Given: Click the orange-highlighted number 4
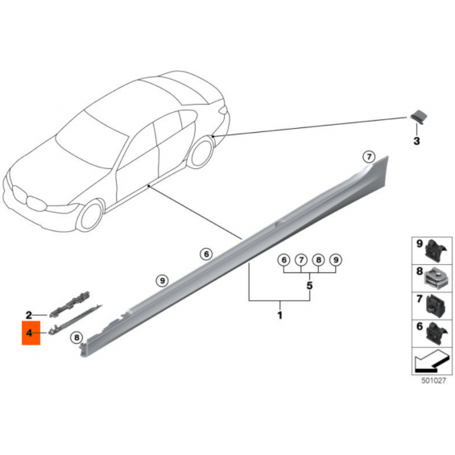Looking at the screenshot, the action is [29, 333].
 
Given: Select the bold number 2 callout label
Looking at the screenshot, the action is [29, 315].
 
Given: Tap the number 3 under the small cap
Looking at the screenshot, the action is [416, 141].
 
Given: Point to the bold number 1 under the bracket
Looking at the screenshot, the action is [280, 315].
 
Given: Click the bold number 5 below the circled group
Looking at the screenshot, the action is [309, 286].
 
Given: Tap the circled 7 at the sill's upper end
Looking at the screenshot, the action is [369, 157].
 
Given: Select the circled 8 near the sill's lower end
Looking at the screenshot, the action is [77, 337].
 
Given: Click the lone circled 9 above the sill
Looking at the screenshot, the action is [162, 280].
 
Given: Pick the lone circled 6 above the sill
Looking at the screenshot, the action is [206, 254].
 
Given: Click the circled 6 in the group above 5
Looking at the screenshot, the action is [283, 259].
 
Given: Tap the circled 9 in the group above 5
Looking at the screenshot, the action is [336, 259].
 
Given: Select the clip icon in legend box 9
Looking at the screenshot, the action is [436, 250].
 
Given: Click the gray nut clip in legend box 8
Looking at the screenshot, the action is [436, 279].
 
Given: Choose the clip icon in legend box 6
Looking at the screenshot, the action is [436, 333].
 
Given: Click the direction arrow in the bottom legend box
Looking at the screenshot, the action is [430, 362].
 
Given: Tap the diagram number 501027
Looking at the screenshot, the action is [433, 380].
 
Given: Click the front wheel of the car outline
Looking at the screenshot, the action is [89, 216].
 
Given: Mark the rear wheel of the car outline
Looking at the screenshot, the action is [201, 152].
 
